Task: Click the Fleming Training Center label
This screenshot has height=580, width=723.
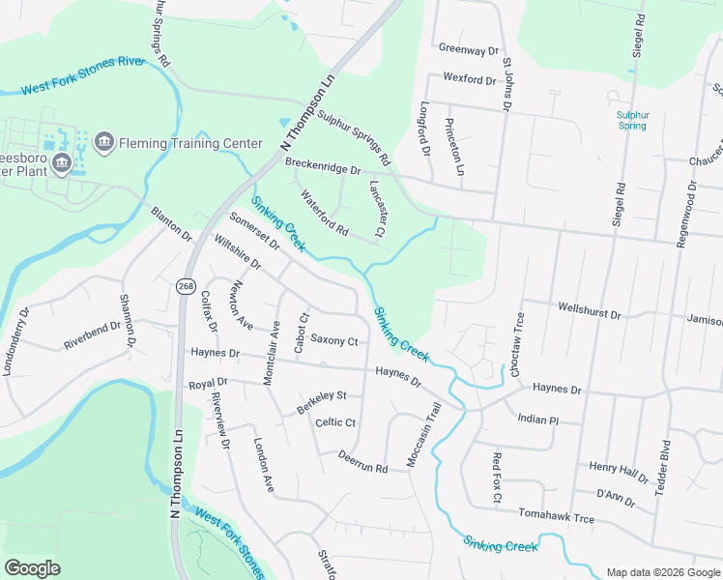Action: [x=190, y=144]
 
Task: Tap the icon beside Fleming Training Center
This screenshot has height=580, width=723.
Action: [x=104, y=144]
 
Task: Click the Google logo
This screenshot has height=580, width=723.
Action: [x=32, y=568]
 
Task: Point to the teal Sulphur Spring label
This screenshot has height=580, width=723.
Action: [x=631, y=120]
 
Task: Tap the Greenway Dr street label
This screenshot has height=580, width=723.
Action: [x=468, y=48]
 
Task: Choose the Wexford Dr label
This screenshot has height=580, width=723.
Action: [x=471, y=77]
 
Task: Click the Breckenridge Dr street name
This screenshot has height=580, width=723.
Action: [x=323, y=166]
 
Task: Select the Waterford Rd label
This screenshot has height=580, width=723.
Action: [x=324, y=214]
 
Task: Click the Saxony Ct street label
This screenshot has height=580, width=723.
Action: [x=333, y=341]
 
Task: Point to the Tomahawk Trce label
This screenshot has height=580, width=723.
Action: [x=556, y=518]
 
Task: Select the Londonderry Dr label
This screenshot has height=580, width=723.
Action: [x=15, y=341]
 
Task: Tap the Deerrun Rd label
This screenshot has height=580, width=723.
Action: [x=362, y=463]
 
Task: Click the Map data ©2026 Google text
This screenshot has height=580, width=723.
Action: [x=662, y=572]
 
